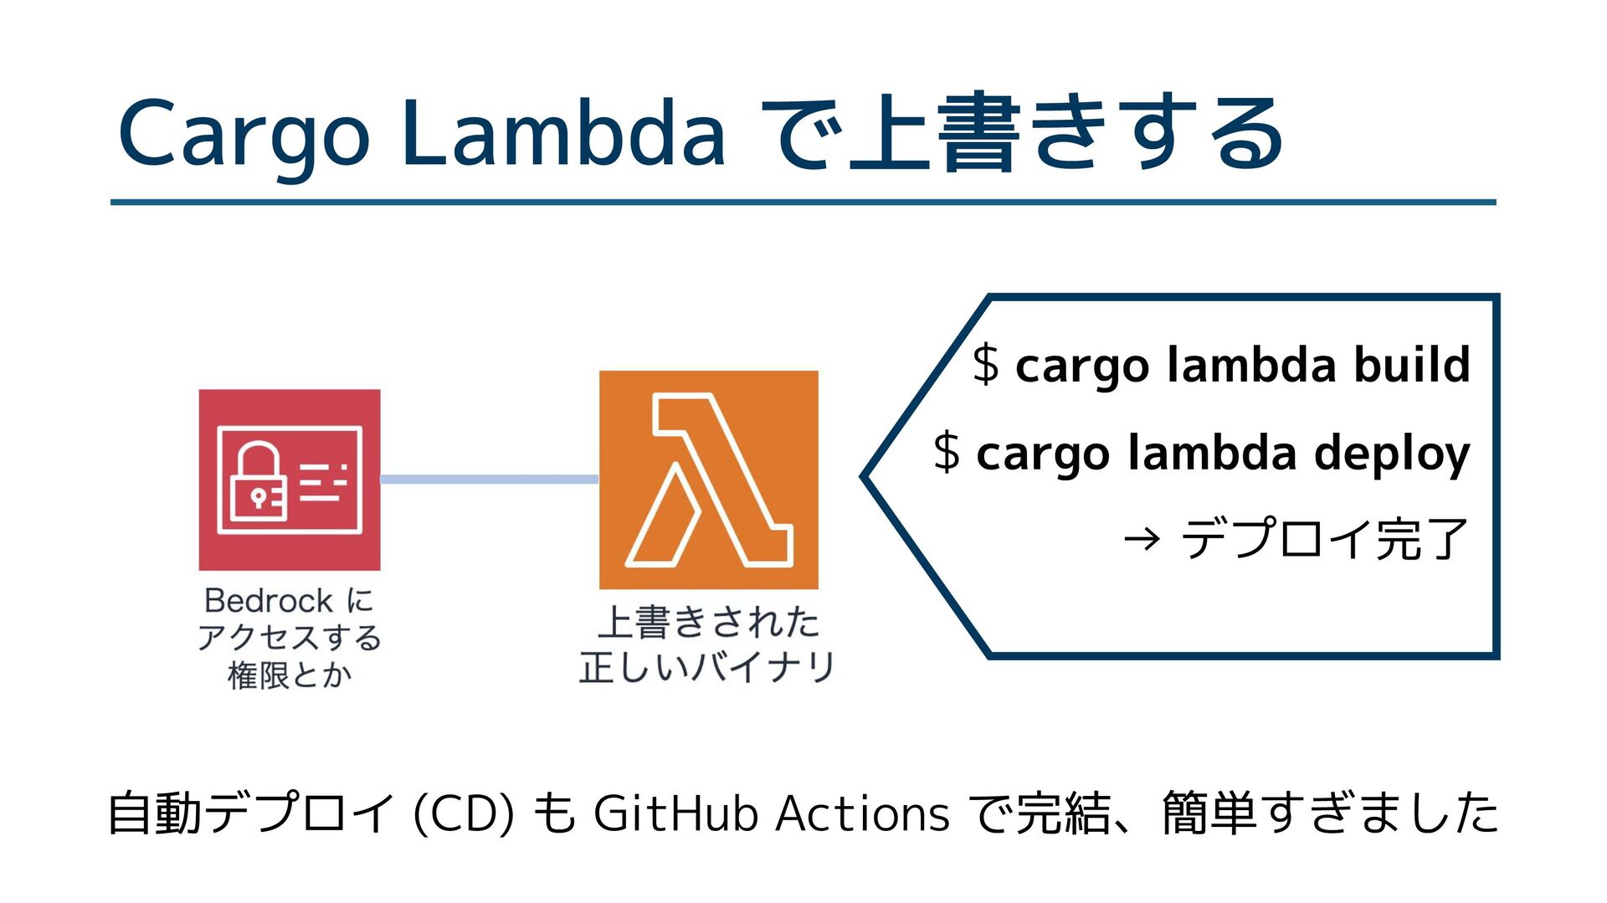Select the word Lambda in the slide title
click(562, 134)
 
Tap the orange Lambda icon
click(708, 480)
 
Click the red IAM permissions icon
click(290, 480)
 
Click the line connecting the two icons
click(490, 480)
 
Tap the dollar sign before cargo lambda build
click(986, 365)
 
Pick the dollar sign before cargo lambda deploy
click(947, 453)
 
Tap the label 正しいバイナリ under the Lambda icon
click(707, 668)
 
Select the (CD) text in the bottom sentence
click(463, 813)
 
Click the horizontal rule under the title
click(803, 203)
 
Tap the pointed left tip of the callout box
click(865, 477)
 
